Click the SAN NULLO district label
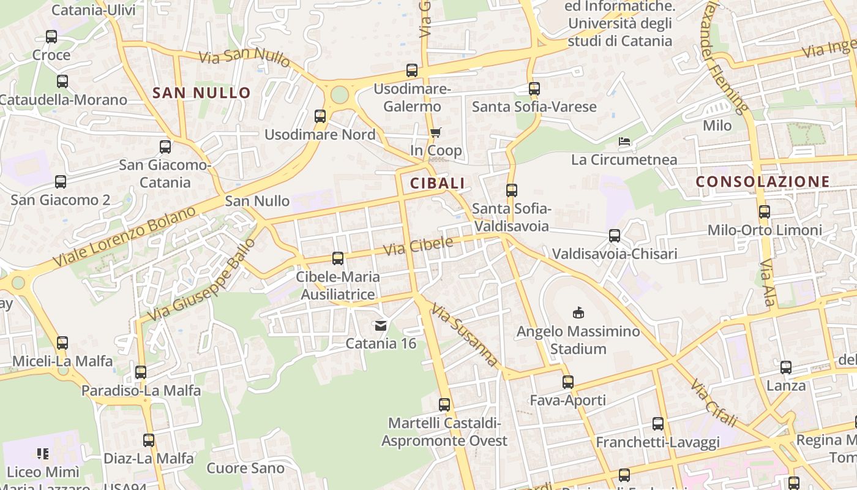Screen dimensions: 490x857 [x=201, y=93]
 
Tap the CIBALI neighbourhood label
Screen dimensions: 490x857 [x=437, y=183]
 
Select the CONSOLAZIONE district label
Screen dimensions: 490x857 [x=763, y=181]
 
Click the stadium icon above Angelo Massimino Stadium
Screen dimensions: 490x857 [x=578, y=313]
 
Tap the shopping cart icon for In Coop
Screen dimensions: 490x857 [x=435, y=132]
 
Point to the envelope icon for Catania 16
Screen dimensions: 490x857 [x=381, y=325]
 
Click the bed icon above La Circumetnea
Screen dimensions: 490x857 [x=624, y=141]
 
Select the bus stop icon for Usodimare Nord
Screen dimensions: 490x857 [x=320, y=116]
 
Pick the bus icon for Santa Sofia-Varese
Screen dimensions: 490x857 [x=534, y=89]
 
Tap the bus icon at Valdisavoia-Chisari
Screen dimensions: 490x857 [x=615, y=236]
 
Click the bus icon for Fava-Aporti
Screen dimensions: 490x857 [x=567, y=382]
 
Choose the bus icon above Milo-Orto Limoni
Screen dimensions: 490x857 [x=764, y=212]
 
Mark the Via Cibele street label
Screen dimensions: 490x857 [x=418, y=246]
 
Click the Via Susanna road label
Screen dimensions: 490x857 [x=465, y=334]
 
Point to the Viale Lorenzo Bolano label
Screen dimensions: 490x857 [x=124, y=236]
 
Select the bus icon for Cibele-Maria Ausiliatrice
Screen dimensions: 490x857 [x=337, y=258]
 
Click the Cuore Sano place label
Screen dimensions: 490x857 [x=245, y=469]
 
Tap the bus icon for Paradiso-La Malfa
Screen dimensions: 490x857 [x=141, y=372]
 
